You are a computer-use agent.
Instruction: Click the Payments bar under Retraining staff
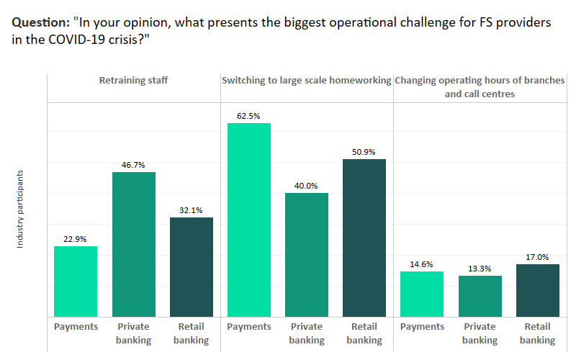76,282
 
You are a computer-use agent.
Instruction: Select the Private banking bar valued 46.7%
133,245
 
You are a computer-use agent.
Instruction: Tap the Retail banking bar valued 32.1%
192,267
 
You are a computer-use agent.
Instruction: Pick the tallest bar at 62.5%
249,220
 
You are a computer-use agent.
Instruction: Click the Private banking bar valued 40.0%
307,255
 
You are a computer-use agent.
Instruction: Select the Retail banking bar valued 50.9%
364,238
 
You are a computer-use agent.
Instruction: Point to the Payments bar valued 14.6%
422,294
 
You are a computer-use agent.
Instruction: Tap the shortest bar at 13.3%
480,297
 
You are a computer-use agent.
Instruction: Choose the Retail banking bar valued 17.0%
538,291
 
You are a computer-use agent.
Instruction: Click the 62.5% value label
249,114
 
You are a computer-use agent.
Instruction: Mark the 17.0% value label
538,256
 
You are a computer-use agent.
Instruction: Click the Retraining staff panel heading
133,81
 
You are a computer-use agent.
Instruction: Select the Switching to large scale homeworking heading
306,81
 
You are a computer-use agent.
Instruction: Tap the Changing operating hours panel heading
480,87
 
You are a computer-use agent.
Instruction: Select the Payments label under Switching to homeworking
249,327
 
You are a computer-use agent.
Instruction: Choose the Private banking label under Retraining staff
133,333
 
